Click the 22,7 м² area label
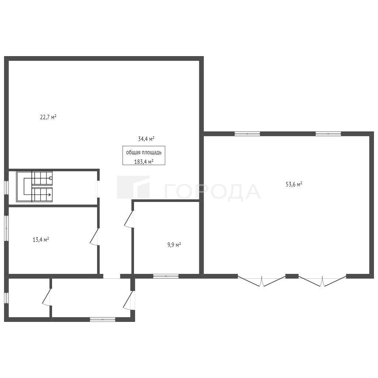[x=48, y=117]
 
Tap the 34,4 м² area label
[x=146, y=139]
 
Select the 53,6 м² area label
[x=294, y=185]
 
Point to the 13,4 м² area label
[x=41, y=240]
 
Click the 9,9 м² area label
[x=174, y=245]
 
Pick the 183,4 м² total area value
[x=144, y=162]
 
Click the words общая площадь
[x=144, y=152]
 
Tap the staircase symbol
[x=34, y=186]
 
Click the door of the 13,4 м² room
[x=95, y=237]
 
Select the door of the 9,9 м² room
[x=129, y=219]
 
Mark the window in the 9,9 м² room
[x=166, y=276]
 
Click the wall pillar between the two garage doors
[x=292, y=276]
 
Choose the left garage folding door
[x=262, y=281]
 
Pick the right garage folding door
[x=323, y=281]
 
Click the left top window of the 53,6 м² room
[x=247, y=134]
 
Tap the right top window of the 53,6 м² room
[x=328, y=134]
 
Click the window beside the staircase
[x=7, y=187]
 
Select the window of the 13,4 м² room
[x=7, y=228]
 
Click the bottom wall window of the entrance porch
[x=103, y=319]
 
